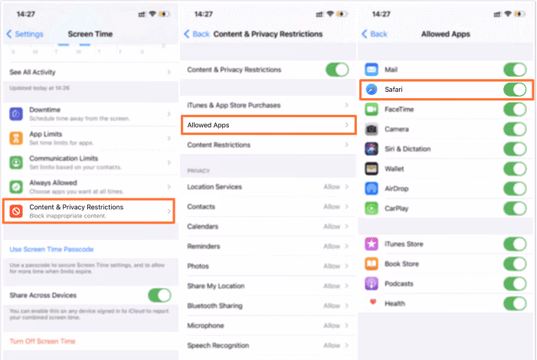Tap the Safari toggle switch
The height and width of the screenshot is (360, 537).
pos(514,90)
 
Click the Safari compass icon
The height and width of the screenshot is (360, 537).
pos(372,90)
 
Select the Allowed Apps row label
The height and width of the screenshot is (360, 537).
pos(208,125)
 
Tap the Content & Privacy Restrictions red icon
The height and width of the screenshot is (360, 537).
pos(16,211)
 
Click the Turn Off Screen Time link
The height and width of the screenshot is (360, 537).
pos(42,341)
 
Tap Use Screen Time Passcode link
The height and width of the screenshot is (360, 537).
pos(51,249)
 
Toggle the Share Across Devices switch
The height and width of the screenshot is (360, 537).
pos(159,295)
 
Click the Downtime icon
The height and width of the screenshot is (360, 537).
pos(16,113)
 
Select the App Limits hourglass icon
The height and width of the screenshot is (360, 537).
pos(16,138)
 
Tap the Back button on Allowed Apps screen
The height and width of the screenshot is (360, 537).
pos(375,34)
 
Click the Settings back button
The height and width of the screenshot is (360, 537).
pos(25,34)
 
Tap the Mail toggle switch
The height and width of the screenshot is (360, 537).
pos(514,70)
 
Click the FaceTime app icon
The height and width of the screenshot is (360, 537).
pos(372,110)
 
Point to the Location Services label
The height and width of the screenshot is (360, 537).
pos(214,187)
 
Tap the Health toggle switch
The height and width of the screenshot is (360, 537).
pos(514,303)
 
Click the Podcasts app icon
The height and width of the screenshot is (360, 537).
pos(372,283)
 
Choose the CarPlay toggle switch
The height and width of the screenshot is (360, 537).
pos(514,208)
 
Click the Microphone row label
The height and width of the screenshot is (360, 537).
pos(206,326)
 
